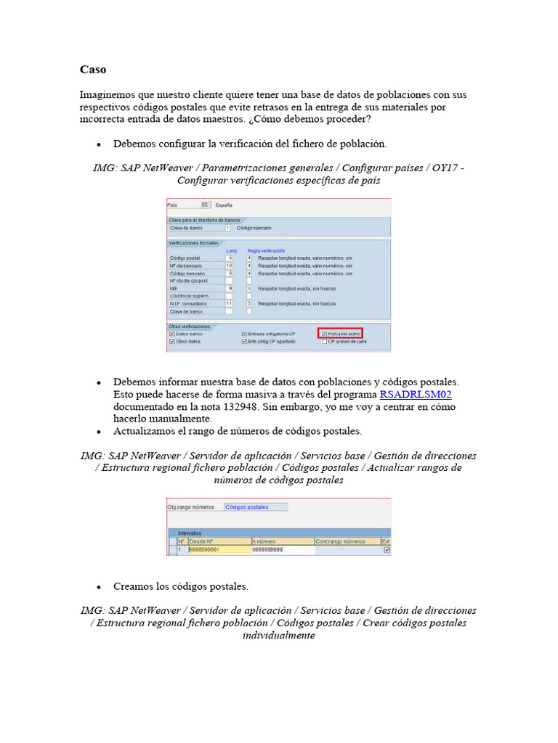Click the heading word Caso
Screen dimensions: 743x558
pyautogui.click(x=93, y=70)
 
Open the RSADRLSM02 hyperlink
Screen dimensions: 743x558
pyautogui.click(x=416, y=394)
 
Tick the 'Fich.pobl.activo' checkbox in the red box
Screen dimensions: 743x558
pyautogui.click(x=324, y=334)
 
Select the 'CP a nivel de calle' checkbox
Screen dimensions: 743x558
pyautogui.click(x=324, y=341)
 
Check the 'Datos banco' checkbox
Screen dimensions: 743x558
pyautogui.click(x=172, y=334)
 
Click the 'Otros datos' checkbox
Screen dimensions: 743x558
pyautogui.click(x=172, y=341)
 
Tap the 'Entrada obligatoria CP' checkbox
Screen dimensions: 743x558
pyautogui.click(x=244, y=334)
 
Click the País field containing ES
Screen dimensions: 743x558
pyautogui.click(x=206, y=205)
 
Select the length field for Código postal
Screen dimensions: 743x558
pyautogui.click(x=230, y=258)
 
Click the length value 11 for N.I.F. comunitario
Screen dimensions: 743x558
pyautogui.click(x=230, y=303)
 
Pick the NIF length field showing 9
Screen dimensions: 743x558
pyautogui.click(x=230, y=288)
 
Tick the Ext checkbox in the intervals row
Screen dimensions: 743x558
pyautogui.click(x=387, y=551)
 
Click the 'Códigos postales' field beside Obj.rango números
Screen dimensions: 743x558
pyautogui.click(x=255, y=507)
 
